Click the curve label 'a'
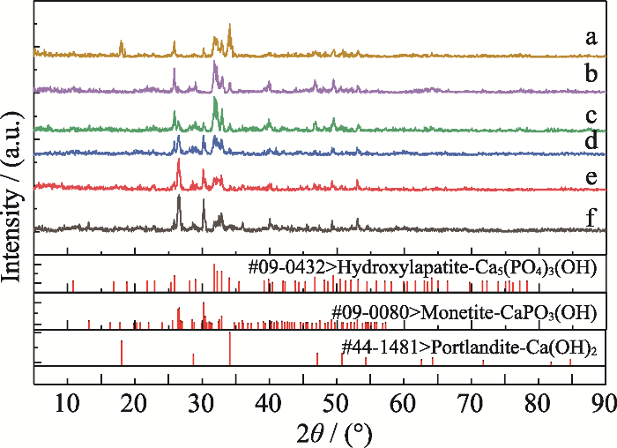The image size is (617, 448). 592,38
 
